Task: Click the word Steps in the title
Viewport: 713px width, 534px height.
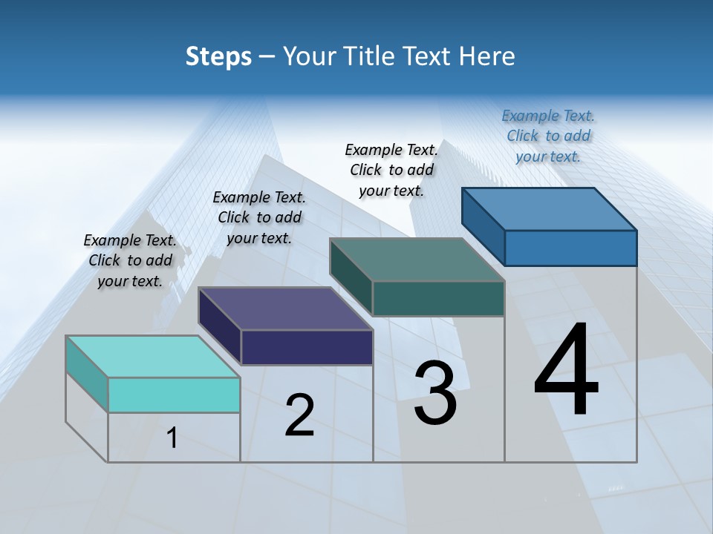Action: tap(218, 56)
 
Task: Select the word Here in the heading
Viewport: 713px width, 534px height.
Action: tap(487, 56)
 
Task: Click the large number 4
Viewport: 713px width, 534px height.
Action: tap(566, 371)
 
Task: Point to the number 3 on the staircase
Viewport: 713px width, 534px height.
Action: tap(435, 393)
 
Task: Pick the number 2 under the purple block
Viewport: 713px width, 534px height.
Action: tap(300, 415)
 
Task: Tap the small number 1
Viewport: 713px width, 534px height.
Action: tap(172, 438)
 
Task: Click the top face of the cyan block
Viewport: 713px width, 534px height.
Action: tap(152, 356)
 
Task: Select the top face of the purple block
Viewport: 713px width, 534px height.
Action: tap(285, 308)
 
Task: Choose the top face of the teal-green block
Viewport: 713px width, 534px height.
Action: tap(417, 260)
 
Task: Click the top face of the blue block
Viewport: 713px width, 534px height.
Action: tap(549, 209)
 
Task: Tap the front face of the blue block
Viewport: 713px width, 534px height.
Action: tap(570, 248)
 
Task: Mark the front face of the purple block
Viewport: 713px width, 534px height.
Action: tap(307, 347)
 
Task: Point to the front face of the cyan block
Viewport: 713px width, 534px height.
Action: tap(174, 395)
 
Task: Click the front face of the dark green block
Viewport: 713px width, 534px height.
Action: tap(438, 298)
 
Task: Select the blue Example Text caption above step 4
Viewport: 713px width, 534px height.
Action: tap(548, 136)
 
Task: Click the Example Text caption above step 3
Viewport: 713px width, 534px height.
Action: tap(391, 170)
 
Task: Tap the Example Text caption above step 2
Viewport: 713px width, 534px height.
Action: tap(259, 217)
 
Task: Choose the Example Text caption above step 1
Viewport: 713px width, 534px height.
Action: tap(130, 260)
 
